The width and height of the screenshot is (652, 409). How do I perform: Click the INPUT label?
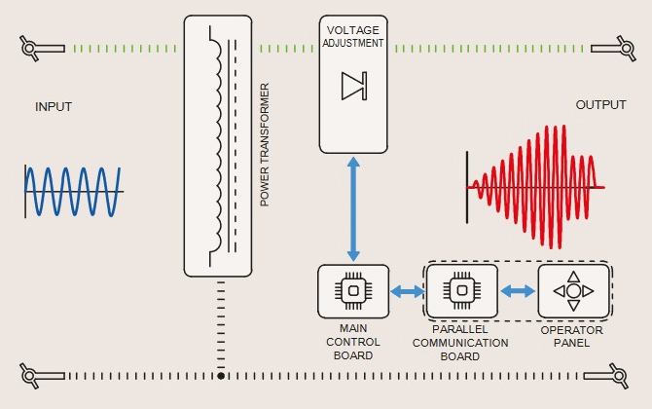(x=54, y=106)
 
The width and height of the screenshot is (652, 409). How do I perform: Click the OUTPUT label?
(x=600, y=105)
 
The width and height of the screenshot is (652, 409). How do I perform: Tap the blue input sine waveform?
(x=73, y=191)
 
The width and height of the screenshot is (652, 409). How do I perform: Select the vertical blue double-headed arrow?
(x=353, y=208)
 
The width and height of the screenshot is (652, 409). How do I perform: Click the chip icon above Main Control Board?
(x=352, y=290)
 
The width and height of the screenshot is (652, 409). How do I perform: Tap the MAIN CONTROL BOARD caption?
(x=352, y=342)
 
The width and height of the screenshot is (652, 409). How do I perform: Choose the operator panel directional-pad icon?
(x=573, y=290)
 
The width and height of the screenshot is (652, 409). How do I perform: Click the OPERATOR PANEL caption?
(x=572, y=336)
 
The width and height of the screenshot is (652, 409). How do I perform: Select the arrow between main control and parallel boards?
(x=407, y=290)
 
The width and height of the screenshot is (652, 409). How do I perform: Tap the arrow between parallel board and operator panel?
(x=518, y=290)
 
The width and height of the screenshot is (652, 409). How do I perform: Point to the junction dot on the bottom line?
(x=222, y=375)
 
